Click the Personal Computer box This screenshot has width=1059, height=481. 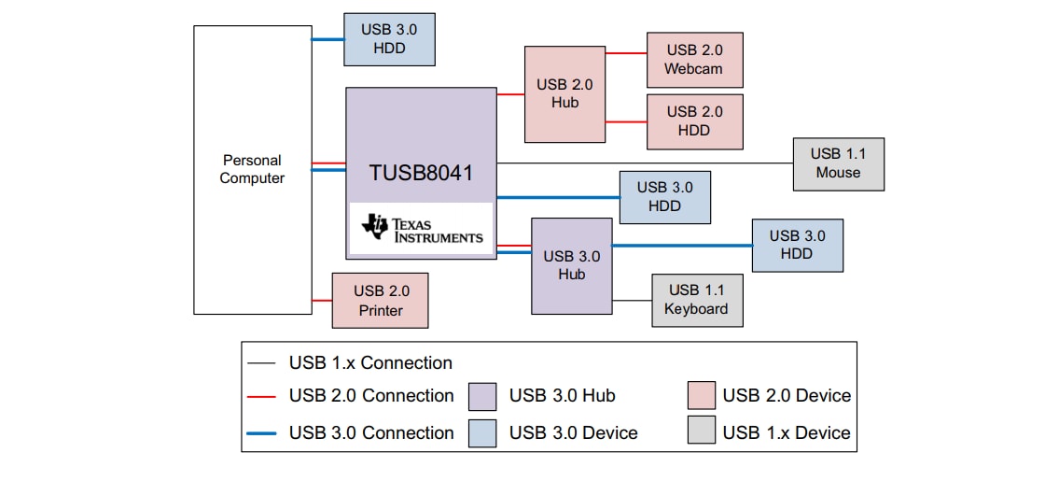coord(252,169)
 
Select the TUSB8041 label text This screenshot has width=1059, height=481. coord(421,173)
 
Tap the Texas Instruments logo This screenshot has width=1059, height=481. coord(421,229)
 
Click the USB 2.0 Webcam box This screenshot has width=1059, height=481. coord(694,60)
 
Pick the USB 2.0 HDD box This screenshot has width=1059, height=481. coord(694,121)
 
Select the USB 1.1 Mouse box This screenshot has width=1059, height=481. coord(838,163)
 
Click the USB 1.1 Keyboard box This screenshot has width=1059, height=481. coord(697,300)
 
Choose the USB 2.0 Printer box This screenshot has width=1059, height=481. coord(380,300)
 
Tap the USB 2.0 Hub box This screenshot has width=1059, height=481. coord(564,94)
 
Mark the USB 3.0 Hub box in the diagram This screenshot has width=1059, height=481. coord(571,265)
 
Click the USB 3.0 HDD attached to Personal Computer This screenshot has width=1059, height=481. coord(389,39)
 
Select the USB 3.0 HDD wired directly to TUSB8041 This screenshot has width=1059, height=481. coord(664,197)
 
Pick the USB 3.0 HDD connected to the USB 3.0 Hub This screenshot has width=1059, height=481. coord(797,245)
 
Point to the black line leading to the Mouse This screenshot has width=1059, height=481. coord(644,163)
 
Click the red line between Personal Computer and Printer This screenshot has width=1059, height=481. coord(322,300)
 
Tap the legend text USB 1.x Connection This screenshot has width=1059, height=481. coord(370,363)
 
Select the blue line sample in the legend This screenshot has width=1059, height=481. coord(262,433)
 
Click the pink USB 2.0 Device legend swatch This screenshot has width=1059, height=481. coord(701,396)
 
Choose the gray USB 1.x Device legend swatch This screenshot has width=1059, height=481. coord(701,431)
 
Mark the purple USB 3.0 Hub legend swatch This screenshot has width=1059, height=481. coord(482,396)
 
